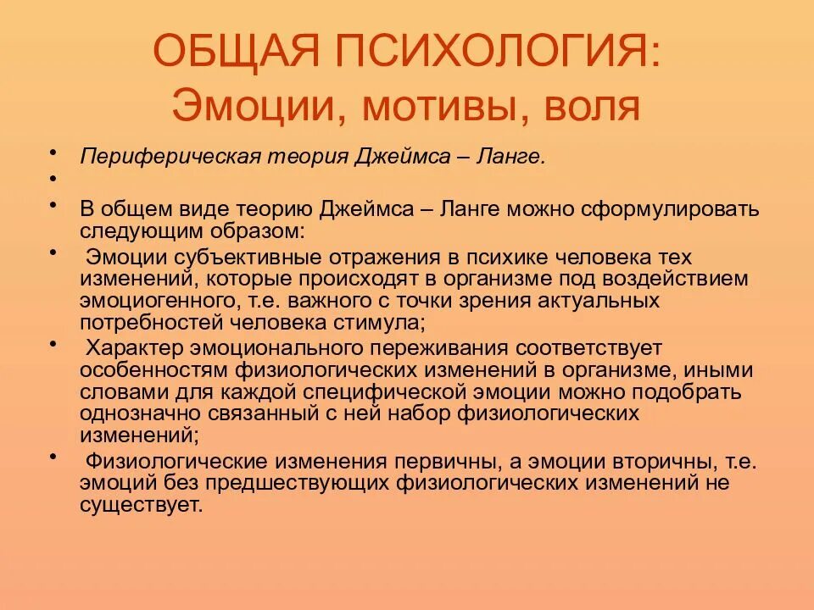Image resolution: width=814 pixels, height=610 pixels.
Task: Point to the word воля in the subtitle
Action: click(x=590, y=108)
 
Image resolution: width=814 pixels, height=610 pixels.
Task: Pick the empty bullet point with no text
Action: click(x=53, y=179)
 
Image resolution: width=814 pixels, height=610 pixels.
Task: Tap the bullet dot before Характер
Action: click(x=53, y=344)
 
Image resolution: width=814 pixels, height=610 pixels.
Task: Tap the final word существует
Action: click(x=142, y=506)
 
